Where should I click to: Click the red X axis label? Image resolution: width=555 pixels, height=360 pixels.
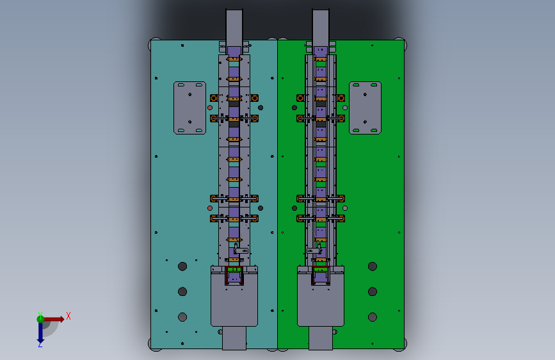click(68, 316)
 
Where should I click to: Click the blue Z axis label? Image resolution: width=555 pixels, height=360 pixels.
click(40, 344)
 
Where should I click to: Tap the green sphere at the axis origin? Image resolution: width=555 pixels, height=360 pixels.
click(40, 319)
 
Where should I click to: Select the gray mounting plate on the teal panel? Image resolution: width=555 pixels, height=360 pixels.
click(189, 108)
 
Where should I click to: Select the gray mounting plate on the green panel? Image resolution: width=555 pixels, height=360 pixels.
click(365, 108)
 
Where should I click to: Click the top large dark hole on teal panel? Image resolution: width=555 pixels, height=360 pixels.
click(182, 266)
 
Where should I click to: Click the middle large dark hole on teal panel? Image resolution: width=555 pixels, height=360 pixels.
click(182, 291)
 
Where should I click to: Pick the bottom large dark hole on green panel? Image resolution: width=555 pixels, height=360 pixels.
click(373, 317)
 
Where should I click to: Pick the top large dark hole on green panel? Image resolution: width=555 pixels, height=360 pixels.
click(373, 266)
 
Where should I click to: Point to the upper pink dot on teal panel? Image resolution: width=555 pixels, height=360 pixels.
click(210, 108)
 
